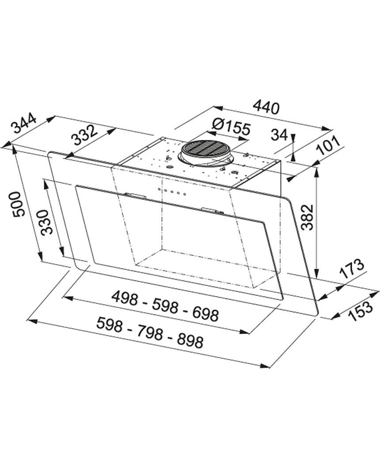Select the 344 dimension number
click(x=23, y=123)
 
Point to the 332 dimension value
click(x=85, y=135)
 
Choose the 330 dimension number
click(x=47, y=222)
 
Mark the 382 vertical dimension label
click(x=307, y=217)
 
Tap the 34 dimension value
click(x=279, y=135)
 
